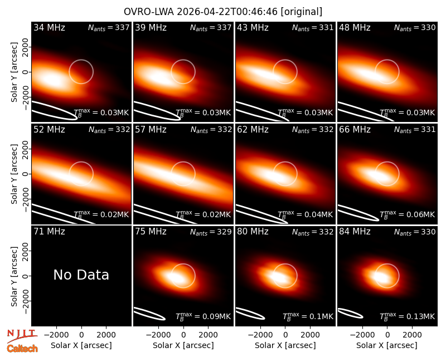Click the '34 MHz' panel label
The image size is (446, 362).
pos(49,27)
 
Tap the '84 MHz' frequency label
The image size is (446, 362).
pos(355,232)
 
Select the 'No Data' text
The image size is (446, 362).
pos(81,275)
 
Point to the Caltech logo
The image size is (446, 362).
pos(22,349)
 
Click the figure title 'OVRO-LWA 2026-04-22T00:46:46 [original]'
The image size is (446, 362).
pos(223,12)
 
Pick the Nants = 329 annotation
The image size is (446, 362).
pos(211,232)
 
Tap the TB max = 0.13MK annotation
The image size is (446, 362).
pos(407,316)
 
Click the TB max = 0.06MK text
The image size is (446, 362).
pos(407,214)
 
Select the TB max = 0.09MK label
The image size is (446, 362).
pos(203,316)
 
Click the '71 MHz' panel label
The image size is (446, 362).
pos(49,232)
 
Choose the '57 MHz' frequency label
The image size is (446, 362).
pos(151,130)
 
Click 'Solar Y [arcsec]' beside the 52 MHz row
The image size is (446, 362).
pos(14,174)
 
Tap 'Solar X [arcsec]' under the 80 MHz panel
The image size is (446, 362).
pos(285,345)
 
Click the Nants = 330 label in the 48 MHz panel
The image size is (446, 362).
pos(415,28)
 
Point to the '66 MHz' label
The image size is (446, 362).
pos(355,130)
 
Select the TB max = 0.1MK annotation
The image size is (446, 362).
pos(308,316)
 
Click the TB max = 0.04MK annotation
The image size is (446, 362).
pos(305,214)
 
